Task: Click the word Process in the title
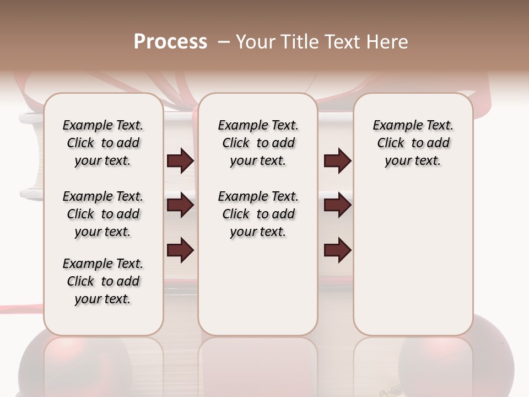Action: [x=170, y=42]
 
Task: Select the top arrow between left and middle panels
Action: [x=180, y=161]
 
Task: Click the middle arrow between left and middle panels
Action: [x=180, y=206]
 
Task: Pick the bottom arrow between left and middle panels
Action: [x=180, y=250]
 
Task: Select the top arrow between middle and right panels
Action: [x=337, y=161]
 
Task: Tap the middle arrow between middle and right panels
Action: [x=337, y=206]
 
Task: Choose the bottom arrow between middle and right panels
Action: [x=337, y=250]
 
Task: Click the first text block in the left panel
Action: [x=103, y=143]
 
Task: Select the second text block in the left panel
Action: [x=103, y=214]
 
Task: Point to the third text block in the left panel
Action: [x=103, y=281]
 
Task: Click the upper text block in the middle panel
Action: [x=258, y=143]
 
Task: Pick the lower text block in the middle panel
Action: [x=258, y=214]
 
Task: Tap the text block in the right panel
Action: [x=413, y=143]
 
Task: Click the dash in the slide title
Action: [x=224, y=42]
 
